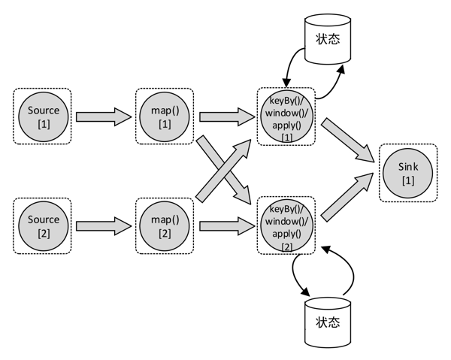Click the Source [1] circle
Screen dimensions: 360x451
tap(43, 116)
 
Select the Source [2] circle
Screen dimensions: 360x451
tap(43, 226)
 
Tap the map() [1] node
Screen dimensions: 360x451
tap(165, 116)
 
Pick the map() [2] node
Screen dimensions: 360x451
tap(165, 226)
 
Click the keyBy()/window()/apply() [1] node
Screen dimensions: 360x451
tap(286, 116)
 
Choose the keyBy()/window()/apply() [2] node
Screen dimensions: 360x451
tap(286, 226)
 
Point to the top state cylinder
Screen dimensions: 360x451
tap(328, 38)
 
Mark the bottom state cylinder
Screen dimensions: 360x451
tap(328, 321)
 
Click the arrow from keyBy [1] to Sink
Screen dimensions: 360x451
tap(349, 144)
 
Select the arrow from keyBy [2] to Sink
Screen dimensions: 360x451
tap(349, 198)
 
